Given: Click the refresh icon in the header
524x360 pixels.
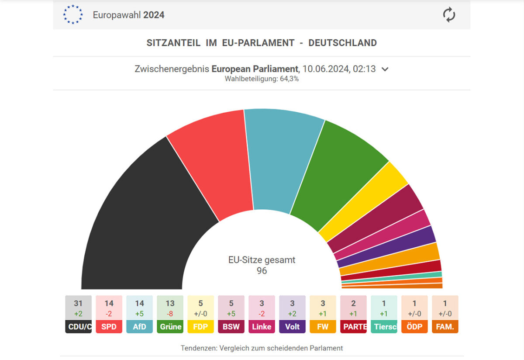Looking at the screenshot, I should click(449, 15).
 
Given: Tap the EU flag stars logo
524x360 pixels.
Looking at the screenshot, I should click(72, 14).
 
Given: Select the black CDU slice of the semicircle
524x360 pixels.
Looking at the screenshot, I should click(140, 218).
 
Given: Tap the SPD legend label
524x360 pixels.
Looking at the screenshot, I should click(109, 326).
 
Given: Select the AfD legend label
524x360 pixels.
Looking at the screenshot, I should click(139, 326).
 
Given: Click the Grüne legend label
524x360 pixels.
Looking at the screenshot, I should click(170, 326).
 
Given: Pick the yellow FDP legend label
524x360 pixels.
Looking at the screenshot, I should click(200, 326).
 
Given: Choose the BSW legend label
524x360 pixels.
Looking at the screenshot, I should click(231, 326).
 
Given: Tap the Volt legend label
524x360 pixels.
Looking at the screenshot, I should click(292, 326).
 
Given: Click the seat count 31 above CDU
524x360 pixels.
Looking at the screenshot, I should click(78, 303).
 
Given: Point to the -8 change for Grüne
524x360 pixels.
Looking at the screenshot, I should click(170, 314).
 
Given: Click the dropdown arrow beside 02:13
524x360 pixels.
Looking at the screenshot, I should click(385, 69).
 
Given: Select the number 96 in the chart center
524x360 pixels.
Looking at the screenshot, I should click(262, 271).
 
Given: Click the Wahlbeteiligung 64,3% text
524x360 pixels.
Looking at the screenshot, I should click(262, 79).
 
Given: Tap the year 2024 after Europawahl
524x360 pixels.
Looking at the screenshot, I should click(153, 15).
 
